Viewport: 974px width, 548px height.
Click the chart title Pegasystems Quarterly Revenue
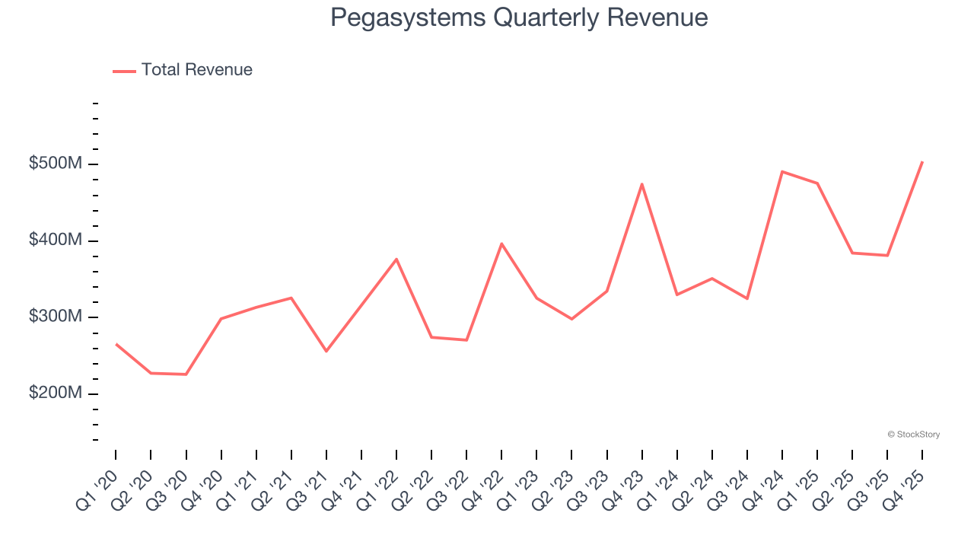click(x=519, y=18)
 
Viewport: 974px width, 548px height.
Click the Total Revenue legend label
click(x=196, y=70)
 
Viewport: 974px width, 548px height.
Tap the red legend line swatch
click(x=124, y=71)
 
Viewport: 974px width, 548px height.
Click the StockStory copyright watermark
click(x=913, y=435)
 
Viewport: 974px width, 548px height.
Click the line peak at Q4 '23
click(x=642, y=184)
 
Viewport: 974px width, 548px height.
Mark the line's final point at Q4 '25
click(x=922, y=162)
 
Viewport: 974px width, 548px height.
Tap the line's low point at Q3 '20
click(x=186, y=374)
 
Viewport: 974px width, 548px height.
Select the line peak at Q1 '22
click(x=396, y=259)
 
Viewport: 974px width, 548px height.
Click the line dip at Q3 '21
click(x=326, y=351)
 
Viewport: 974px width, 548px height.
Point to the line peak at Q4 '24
click(x=782, y=172)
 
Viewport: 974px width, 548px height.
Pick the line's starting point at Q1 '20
click(x=116, y=344)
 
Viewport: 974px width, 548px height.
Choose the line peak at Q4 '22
click(x=501, y=244)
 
